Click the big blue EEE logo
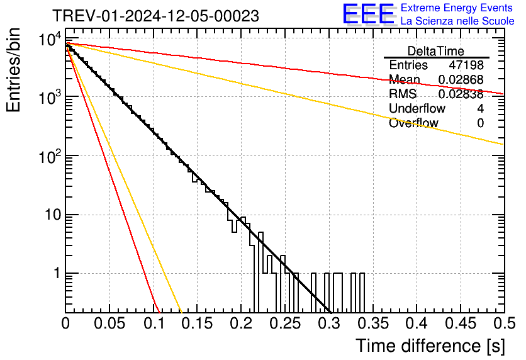click(368, 14)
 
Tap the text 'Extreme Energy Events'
click(457, 8)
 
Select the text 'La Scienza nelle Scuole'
click(457, 21)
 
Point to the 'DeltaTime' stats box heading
click(435, 51)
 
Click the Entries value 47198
click(466, 65)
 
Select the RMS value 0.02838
click(461, 94)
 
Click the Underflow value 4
click(480, 109)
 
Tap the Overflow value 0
click(480, 123)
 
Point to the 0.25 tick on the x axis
click(285, 323)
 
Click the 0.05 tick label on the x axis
click(109, 323)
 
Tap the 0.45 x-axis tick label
click(461, 323)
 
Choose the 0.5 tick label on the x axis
click(503, 323)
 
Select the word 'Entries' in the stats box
click(408, 65)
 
